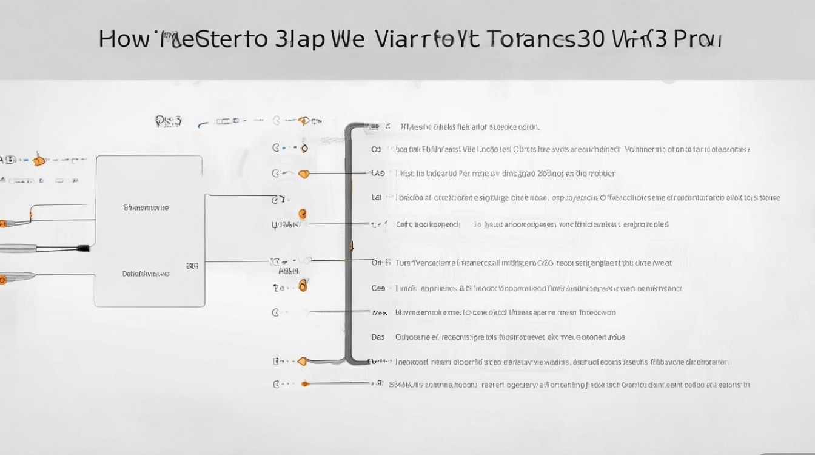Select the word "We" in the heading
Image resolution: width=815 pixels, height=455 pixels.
point(348,39)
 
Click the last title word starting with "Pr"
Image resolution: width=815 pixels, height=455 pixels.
point(697,39)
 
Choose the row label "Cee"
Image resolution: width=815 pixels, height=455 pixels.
point(378,288)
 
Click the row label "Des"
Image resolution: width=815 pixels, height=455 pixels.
point(378,337)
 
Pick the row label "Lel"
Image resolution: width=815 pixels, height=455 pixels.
point(377,197)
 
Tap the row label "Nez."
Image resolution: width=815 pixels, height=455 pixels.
point(379,312)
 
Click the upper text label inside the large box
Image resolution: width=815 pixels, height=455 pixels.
point(146,207)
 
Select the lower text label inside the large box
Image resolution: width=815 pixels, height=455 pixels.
point(146,274)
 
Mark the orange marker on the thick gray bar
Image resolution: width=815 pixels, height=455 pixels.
point(350,246)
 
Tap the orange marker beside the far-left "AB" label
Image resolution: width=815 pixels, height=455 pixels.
point(38,161)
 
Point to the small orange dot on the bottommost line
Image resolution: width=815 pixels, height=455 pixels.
point(304,383)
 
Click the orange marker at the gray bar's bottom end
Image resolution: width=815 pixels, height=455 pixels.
point(302,361)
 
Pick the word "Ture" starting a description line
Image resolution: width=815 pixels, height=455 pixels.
point(403,263)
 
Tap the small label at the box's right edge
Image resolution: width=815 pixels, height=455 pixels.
point(192,265)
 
